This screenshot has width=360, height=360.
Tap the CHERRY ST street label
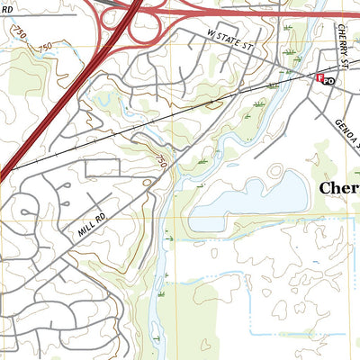coord(344,45)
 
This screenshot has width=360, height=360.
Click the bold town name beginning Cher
coord(340,189)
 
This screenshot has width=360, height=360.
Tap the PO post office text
coord(329,81)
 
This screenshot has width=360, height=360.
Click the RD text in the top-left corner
coord(6,8)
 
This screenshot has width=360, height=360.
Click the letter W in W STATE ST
coord(209,33)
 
